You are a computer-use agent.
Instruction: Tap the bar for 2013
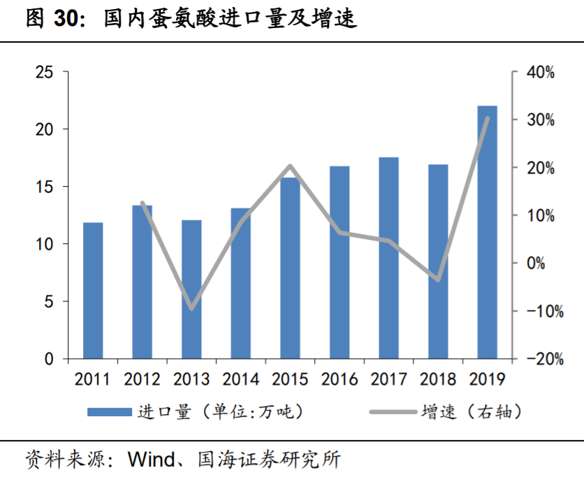(191, 290)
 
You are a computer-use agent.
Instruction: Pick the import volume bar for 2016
(340, 262)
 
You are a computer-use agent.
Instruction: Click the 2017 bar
(388, 258)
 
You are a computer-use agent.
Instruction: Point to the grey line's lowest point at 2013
(191, 308)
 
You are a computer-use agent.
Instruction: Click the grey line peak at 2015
(290, 166)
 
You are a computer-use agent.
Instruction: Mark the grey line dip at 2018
(438, 279)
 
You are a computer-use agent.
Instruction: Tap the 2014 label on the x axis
(240, 379)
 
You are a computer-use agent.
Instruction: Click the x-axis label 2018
(438, 379)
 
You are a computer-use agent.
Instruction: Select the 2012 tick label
(142, 379)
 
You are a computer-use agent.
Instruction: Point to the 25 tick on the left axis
(44, 72)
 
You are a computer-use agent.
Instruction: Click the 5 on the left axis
(49, 301)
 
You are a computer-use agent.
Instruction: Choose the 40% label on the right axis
(540, 72)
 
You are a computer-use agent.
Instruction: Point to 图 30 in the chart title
(52, 18)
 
